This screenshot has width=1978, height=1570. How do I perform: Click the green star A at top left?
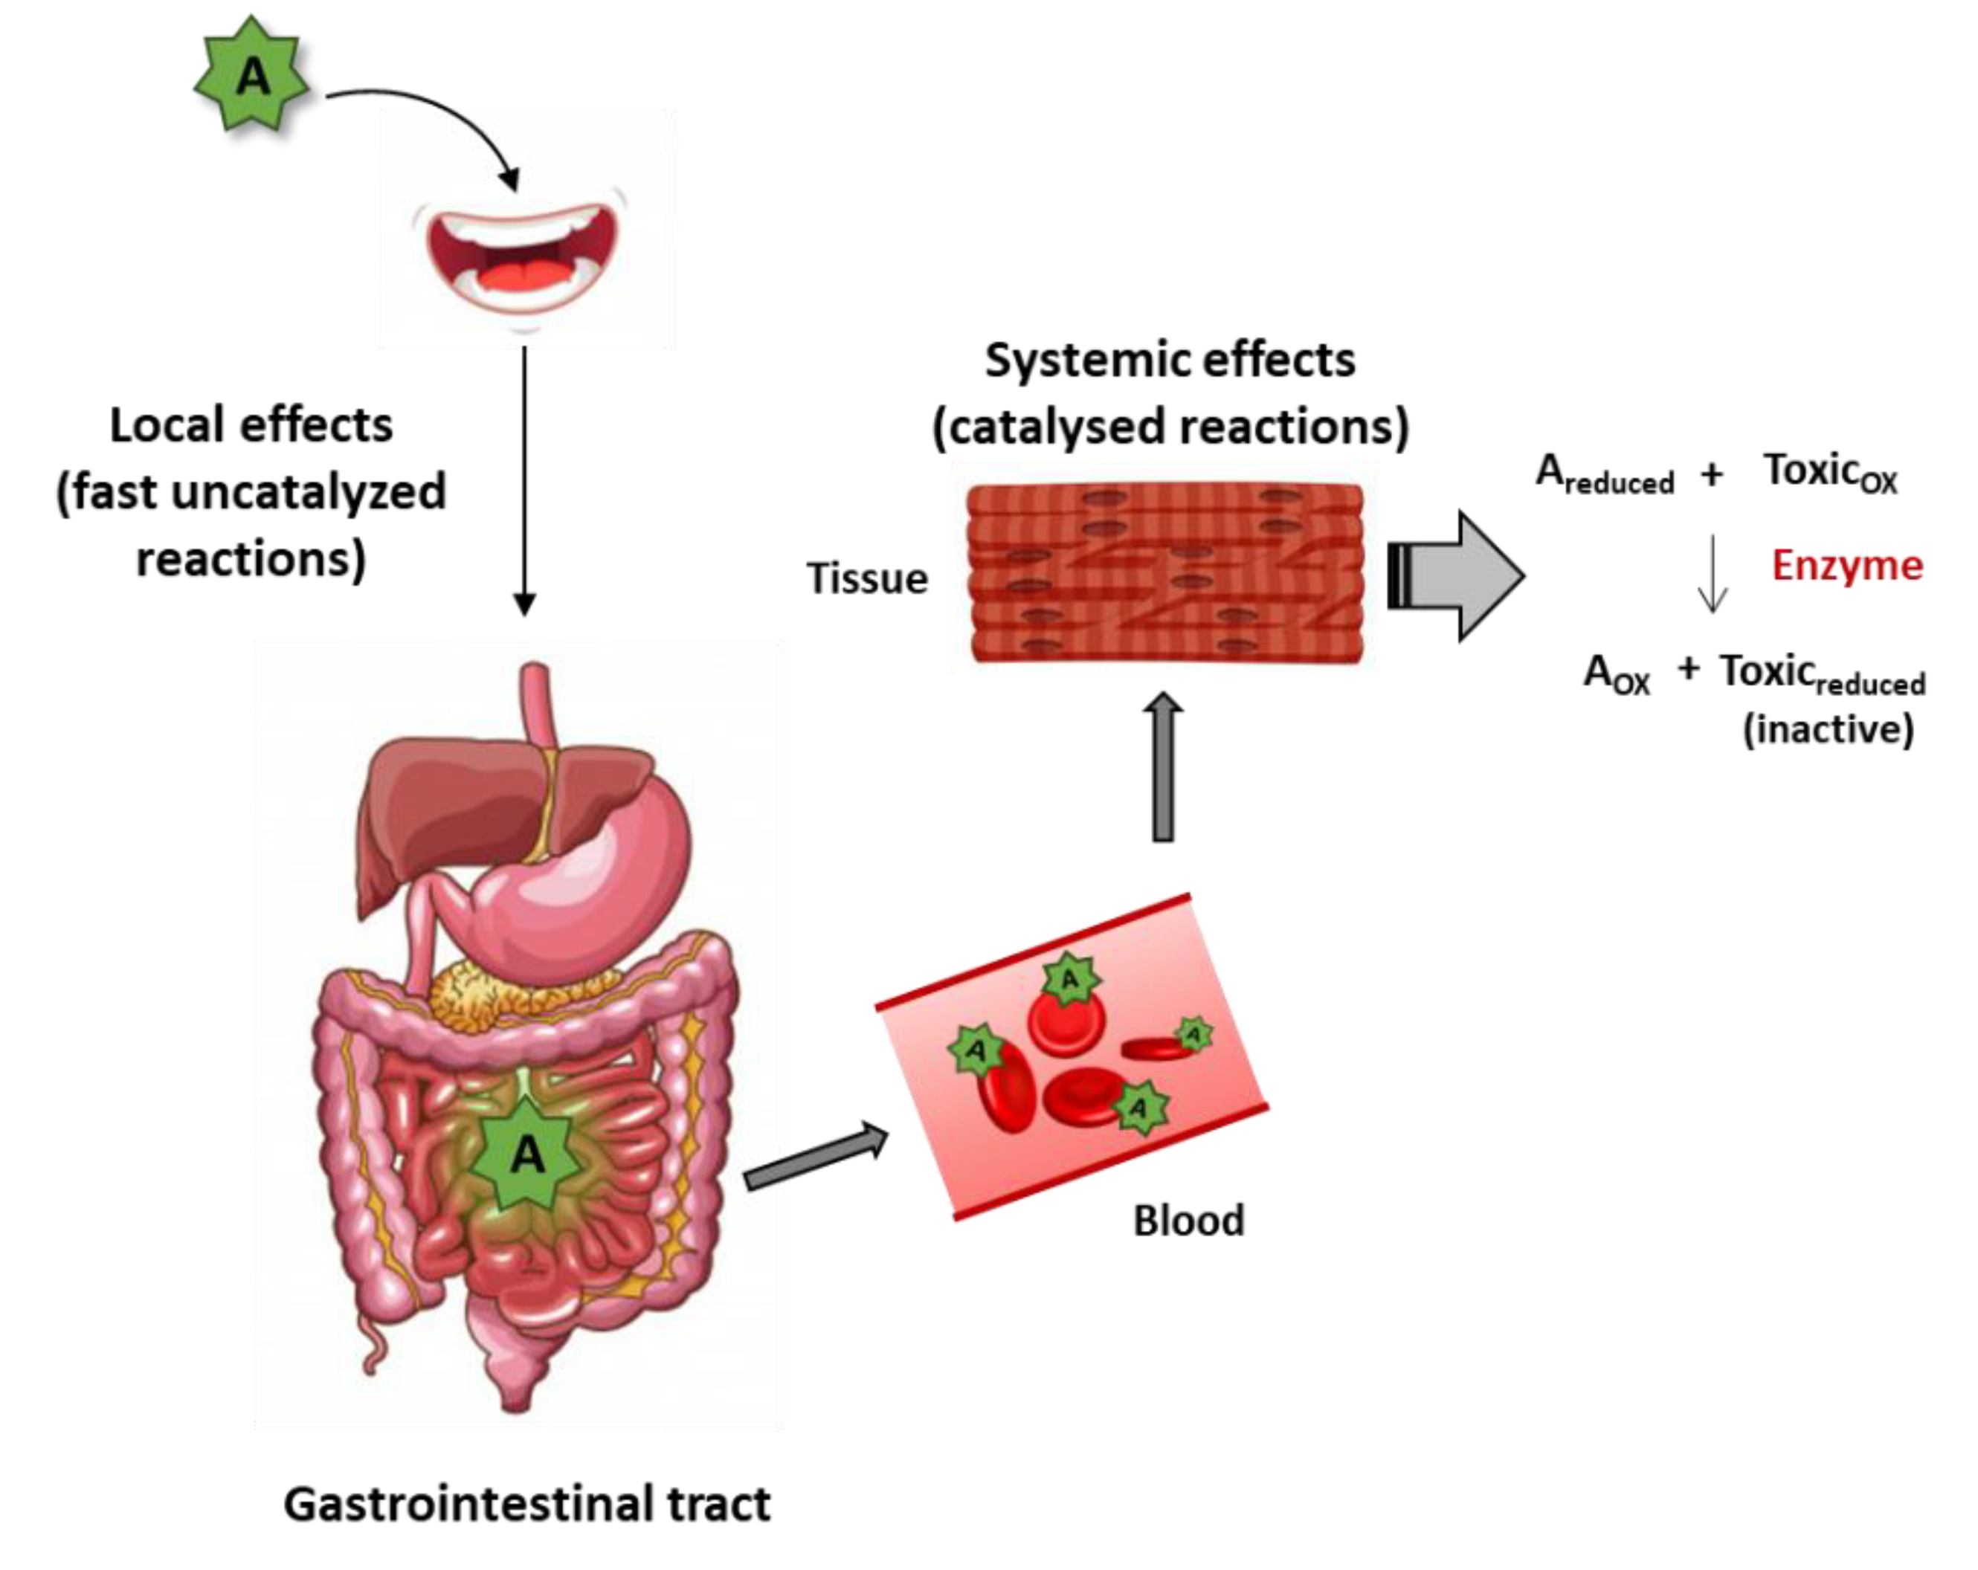pyautogui.click(x=251, y=75)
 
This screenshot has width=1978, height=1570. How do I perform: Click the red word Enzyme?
pyautogui.click(x=1846, y=566)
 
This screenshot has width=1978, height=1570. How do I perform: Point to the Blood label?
pyautogui.click(x=1188, y=1221)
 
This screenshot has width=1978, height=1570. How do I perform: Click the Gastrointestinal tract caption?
pyautogui.click(x=526, y=1504)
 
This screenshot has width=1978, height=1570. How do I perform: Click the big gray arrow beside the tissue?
pyautogui.click(x=1459, y=577)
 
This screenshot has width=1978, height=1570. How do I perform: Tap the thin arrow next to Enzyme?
pyautogui.click(x=1712, y=573)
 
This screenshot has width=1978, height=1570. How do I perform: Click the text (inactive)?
pyautogui.click(x=1828, y=730)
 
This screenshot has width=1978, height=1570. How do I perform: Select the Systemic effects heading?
pyautogui.click(x=1170, y=361)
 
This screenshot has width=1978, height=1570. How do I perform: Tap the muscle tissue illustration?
pyautogui.click(x=1165, y=573)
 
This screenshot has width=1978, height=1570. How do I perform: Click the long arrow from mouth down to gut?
pyautogui.click(x=524, y=477)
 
